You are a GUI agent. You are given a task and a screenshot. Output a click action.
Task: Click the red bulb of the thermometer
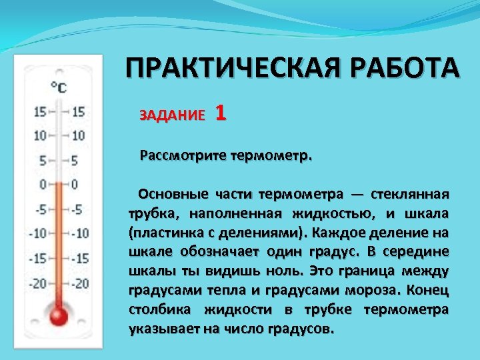[59, 315]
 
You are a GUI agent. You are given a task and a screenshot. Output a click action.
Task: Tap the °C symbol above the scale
[59, 87]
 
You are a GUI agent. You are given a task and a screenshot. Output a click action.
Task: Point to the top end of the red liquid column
[59, 183]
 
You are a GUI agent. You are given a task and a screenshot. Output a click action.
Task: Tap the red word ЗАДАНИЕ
[173, 115]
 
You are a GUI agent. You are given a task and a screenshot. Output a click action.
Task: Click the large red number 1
[221, 113]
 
